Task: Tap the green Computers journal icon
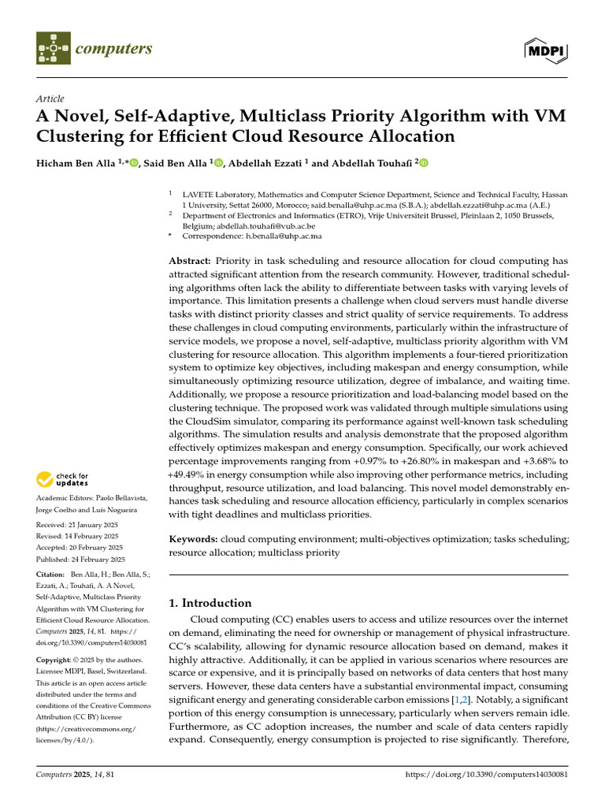[x=53, y=49]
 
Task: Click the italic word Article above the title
[x=50, y=99]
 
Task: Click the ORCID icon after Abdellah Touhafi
[x=424, y=163]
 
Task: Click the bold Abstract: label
[x=190, y=261]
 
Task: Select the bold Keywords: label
[x=194, y=538]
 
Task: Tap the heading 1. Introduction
[x=211, y=603]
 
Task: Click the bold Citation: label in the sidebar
[x=51, y=575]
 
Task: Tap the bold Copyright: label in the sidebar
[x=54, y=659]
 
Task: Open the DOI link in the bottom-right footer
[x=486, y=775]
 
